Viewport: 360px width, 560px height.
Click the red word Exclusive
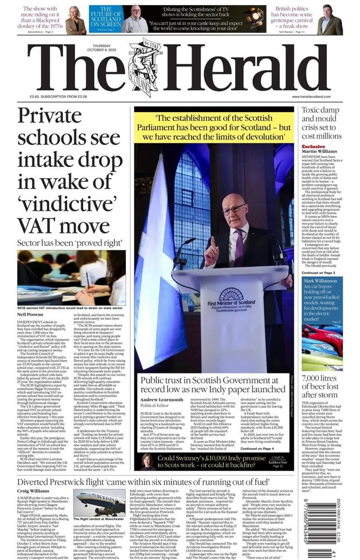click(x=313, y=147)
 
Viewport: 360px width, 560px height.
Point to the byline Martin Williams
click(x=320, y=152)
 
